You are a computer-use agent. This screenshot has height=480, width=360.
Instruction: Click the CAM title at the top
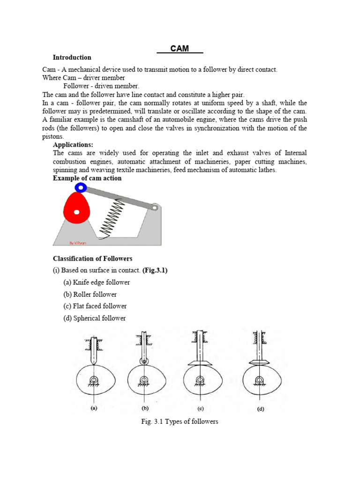click(180, 48)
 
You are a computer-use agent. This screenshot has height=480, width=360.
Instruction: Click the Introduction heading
click(72, 58)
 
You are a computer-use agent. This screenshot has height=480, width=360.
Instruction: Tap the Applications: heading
click(73, 145)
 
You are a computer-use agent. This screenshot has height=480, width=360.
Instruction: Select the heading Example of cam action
click(87, 178)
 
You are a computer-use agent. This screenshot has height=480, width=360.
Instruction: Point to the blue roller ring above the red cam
click(80, 188)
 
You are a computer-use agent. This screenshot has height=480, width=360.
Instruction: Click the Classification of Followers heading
click(92, 259)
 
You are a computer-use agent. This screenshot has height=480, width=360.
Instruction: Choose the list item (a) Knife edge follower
click(97, 283)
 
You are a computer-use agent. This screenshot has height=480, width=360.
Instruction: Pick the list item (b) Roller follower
click(90, 294)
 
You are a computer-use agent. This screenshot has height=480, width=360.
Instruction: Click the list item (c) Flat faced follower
click(95, 306)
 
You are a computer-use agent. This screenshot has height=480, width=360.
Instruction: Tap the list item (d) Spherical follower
click(94, 318)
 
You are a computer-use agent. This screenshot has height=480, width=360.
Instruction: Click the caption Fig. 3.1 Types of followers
click(180, 421)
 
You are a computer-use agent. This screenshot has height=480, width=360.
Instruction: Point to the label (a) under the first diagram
click(94, 408)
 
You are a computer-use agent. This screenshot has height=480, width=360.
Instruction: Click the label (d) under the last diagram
click(260, 409)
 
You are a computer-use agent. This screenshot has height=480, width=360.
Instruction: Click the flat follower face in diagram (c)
click(200, 363)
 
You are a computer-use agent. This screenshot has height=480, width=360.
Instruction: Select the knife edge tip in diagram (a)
click(94, 366)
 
